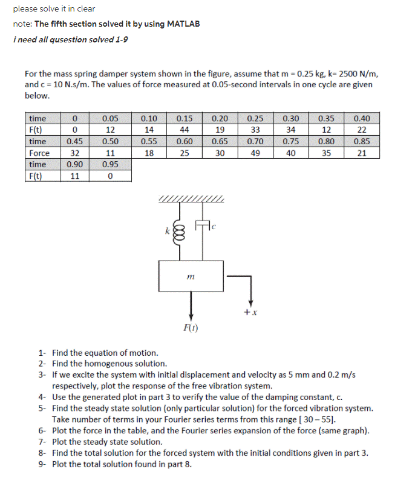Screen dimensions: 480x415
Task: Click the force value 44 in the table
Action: [185, 130]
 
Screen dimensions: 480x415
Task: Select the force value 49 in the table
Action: [255, 153]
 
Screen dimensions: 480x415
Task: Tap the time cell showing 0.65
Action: [220, 142]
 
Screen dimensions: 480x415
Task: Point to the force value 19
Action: [220, 130]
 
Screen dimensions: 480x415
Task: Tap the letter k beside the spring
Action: [167, 230]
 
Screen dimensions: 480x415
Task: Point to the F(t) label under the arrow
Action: [191, 328]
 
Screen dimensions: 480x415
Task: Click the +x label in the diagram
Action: [250, 312]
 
